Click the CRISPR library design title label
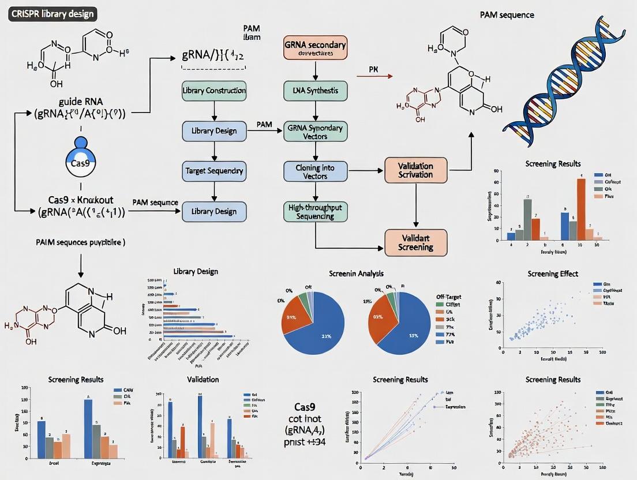tap(53, 13)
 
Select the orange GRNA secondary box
tap(315, 48)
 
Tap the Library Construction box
tap(214, 91)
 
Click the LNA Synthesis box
tap(315, 91)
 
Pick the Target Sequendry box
tap(214, 171)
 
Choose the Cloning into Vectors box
tap(315, 171)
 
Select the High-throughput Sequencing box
tap(315, 211)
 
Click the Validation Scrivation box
tap(415, 170)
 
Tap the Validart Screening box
tap(415, 242)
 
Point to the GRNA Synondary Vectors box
tap(315, 132)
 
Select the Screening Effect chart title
tap(553, 273)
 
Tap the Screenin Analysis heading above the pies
tap(356, 273)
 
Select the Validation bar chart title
tap(203, 379)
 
